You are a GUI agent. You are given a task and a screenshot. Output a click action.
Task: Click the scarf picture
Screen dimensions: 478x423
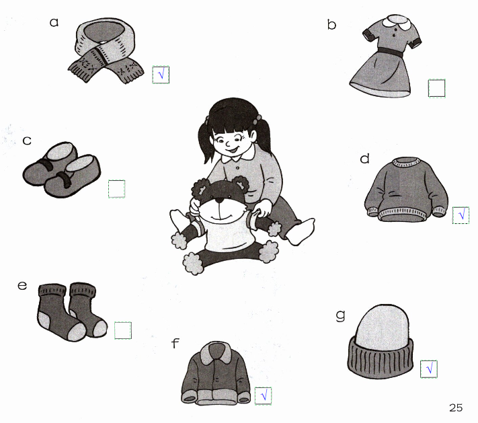tap(106, 50)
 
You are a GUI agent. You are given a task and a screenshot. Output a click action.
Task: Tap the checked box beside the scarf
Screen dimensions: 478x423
tap(161, 75)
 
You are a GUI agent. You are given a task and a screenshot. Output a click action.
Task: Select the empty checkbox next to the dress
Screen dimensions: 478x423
tap(436, 88)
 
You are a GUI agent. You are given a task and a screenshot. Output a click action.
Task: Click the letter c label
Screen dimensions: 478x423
tap(27, 141)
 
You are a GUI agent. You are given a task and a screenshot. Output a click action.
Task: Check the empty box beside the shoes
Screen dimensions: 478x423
tap(116, 189)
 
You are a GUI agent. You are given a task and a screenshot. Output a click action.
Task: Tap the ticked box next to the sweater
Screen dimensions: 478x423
tap(461, 215)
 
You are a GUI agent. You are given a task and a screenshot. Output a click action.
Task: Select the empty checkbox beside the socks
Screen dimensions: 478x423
tap(123, 330)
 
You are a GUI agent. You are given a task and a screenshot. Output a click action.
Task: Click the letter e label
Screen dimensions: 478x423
tap(22, 285)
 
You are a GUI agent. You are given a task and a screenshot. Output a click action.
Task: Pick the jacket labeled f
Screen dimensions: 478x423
tap(216, 373)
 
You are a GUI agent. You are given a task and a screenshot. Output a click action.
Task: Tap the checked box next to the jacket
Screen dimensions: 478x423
tap(263, 396)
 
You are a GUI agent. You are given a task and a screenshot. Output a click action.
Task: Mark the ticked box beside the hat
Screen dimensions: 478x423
tap(429, 369)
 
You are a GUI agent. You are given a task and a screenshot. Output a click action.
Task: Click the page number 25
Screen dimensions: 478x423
tap(456, 408)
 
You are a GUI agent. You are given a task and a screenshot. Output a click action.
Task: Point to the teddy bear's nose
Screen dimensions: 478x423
tap(219, 200)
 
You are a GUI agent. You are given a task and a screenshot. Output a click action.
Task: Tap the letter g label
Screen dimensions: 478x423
tap(341, 315)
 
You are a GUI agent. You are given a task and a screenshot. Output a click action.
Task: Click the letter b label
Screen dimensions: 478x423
tap(331, 24)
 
